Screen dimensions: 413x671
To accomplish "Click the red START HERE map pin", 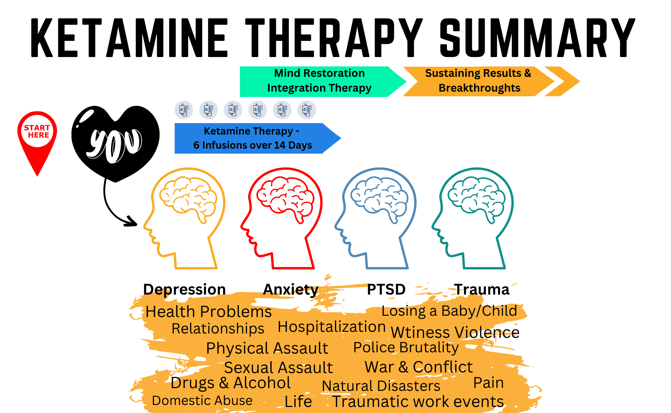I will coord(37,134).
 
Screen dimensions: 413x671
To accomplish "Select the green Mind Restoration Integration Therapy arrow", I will coord(319,81).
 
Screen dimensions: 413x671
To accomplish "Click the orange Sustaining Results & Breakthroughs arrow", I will coord(478,81).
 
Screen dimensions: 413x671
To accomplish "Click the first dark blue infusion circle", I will coord(184,110).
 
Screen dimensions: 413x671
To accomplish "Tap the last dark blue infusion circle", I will coord(307,110).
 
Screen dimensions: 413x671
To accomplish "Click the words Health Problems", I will coord(208,312).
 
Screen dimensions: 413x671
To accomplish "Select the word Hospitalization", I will coord(331,327).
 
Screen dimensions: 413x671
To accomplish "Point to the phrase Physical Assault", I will coord(267,348).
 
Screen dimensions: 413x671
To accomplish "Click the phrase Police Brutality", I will coord(406,348).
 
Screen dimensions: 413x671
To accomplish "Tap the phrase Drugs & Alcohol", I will coord(230,383).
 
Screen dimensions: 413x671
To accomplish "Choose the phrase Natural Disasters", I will coord(381,386).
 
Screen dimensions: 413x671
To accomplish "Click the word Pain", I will coord(488,383).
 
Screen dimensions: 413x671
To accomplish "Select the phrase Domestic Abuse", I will coord(202,401).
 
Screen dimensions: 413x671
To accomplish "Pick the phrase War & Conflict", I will coord(418,367).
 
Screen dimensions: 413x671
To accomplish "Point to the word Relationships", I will coord(218,329).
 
